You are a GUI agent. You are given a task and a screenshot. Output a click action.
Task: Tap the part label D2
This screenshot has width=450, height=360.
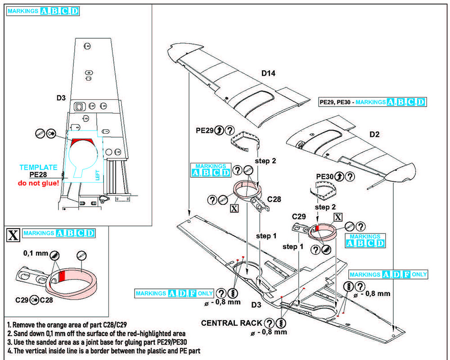(374, 135)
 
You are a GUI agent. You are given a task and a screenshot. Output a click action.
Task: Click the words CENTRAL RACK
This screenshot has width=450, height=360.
(231, 323)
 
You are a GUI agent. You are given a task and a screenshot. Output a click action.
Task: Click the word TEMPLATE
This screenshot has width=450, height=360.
(38, 167)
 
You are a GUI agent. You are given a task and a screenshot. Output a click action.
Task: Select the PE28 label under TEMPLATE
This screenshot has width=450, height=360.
(39, 175)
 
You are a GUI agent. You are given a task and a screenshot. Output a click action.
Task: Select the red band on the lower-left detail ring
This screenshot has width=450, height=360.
(63, 276)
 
